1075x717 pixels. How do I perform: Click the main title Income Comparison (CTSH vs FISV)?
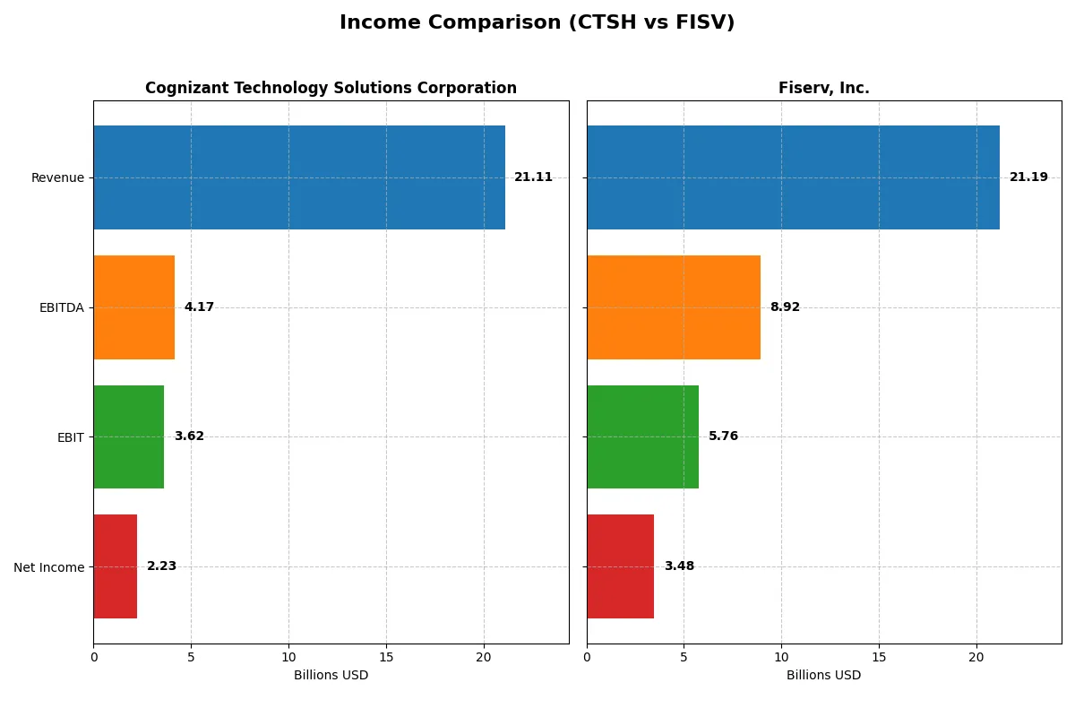(537, 23)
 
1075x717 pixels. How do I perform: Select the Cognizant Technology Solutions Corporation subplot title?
(331, 89)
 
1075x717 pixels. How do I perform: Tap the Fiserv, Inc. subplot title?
(823, 89)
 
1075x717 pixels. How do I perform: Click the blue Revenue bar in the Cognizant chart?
(299, 177)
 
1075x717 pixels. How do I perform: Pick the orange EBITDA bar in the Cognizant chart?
(134, 307)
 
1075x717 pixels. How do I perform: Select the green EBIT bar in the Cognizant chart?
(129, 437)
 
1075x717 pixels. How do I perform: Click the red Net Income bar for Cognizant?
(116, 566)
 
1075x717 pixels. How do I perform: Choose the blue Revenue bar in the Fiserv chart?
(793, 177)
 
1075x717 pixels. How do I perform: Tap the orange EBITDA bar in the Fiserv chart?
(674, 307)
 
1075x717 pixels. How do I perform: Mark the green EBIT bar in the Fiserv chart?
(642, 437)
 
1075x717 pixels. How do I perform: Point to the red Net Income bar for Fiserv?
(620, 566)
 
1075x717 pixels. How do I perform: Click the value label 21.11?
(533, 177)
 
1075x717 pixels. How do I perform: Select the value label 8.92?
(785, 307)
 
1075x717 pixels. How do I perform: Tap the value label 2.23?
(161, 566)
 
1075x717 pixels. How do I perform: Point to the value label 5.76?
(724, 436)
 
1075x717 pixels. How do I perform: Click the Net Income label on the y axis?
(48, 567)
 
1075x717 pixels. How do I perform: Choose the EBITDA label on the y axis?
(62, 308)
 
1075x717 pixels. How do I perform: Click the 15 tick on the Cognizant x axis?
(386, 657)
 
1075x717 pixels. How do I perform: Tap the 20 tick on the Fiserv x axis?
(976, 657)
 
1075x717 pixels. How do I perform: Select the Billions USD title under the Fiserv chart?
(823, 676)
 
